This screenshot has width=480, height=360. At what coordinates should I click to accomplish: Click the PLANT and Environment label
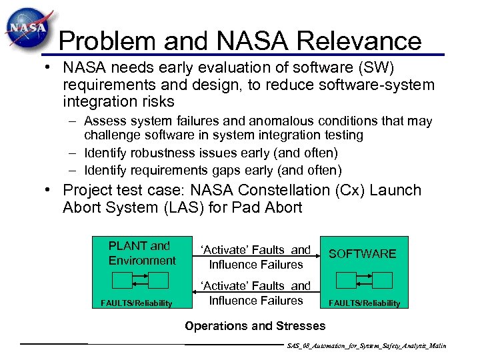tap(142, 253)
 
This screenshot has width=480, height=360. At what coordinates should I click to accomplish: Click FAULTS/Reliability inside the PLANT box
tap(137, 303)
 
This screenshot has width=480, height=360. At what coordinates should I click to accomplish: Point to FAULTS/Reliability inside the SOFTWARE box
tap(364, 303)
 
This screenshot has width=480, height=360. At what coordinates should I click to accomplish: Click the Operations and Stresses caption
tap(255, 326)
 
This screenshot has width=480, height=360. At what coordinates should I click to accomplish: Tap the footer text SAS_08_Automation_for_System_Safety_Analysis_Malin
tap(366, 347)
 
